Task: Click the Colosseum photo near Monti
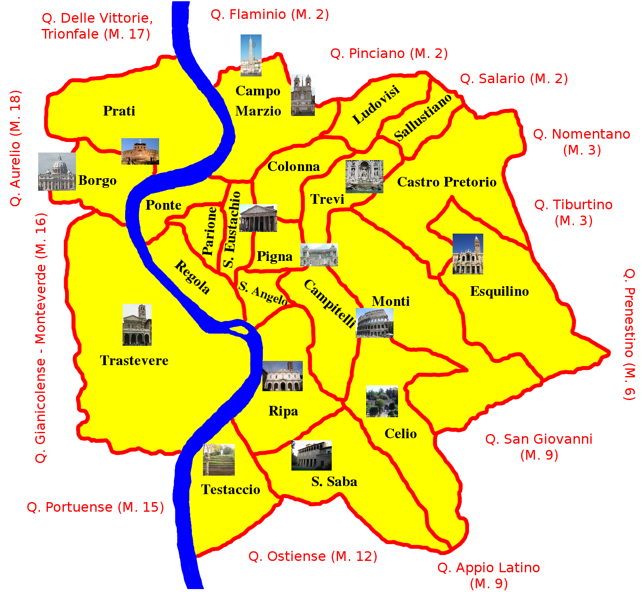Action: pyautogui.click(x=375, y=323)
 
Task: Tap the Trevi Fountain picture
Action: pyautogui.click(x=364, y=176)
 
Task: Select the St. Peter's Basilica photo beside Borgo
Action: pyautogui.click(x=57, y=171)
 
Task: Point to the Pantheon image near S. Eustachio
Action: pyautogui.click(x=258, y=218)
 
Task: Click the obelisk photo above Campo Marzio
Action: pyautogui.click(x=251, y=55)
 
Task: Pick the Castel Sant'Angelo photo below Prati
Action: pyautogui.click(x=140, y=151)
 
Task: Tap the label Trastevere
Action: pyautogui.click(x=134, y=360)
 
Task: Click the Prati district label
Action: pyautogui.click(x=119, y=111)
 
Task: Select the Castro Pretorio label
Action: pyautogui.click(x=447, y=182)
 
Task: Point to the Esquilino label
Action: pyautogui.click(x=499, y=291)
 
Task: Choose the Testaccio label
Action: pyautogui.click(x=231, y=489)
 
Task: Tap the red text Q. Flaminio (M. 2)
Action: pyautogui.click(x=270, y=15)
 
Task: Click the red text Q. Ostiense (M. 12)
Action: pyautogui.click(x=313, y=556)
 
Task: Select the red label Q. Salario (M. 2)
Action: pyautogui.click(x=514, y=79)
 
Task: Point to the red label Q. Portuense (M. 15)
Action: pyautogui.click(x=95, y=507)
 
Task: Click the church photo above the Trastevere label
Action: pyautogui.click(x=137, y=325)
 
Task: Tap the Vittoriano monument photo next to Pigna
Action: pyautogui.click(x=319, y=255)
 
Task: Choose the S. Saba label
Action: pyautogui.click(x=334, y=481)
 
